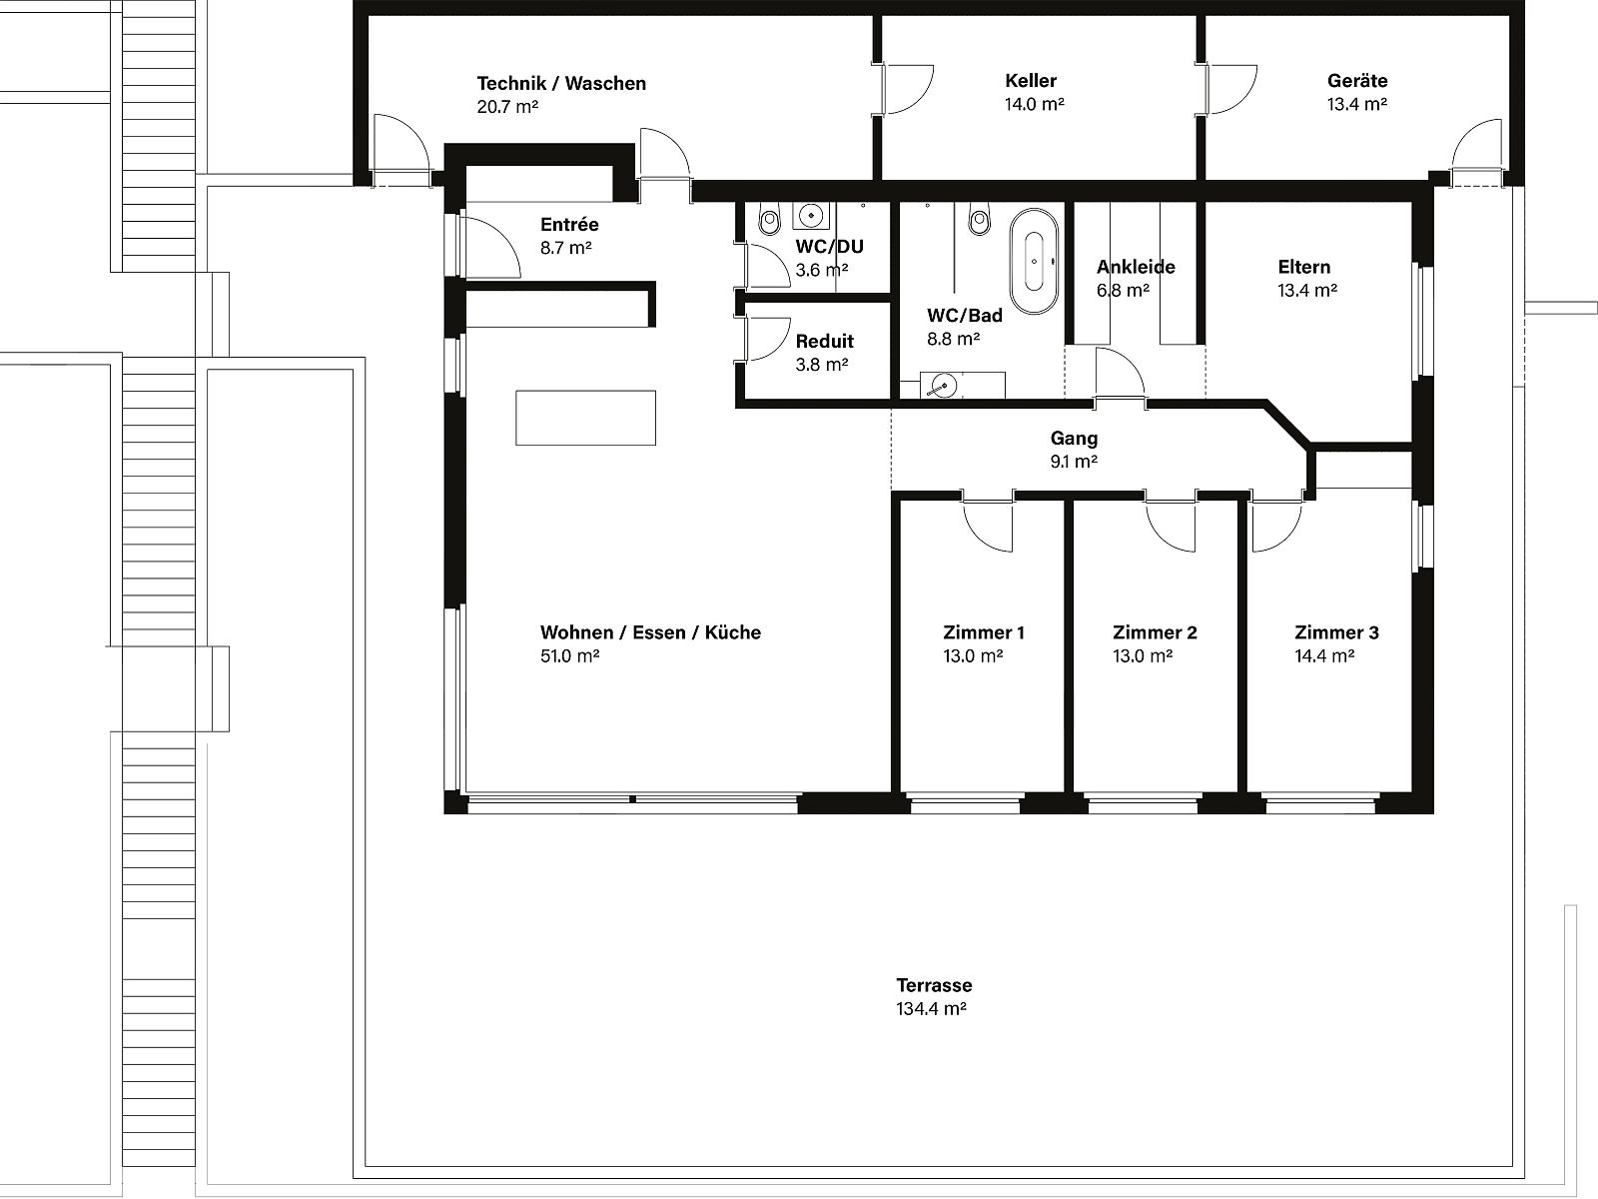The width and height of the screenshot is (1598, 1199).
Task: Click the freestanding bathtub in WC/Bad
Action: (1034, 262)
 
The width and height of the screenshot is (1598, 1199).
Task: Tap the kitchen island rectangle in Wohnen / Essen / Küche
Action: (585, 418)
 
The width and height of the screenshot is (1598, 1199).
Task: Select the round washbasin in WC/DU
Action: (809, 216)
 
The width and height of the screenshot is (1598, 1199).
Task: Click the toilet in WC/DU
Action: (769, 219)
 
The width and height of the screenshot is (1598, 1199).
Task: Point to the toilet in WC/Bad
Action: (980, 219)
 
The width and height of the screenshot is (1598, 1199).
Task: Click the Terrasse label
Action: (934, 985)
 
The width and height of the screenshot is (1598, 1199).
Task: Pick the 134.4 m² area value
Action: (931, 1009)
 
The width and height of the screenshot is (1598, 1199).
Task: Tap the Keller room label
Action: (1031, 80)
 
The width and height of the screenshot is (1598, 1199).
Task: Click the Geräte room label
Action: (1357, 80)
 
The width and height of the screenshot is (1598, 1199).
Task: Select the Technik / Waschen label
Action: (561, 83)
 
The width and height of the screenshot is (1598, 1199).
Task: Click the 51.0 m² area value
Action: (569, 655)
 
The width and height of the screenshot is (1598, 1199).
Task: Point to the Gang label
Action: (1074, 439)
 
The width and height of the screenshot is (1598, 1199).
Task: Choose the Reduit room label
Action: (824, 341)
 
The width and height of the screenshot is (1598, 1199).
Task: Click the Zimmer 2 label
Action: (1155, 632)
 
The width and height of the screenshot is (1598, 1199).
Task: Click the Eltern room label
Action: (1304, 267)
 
